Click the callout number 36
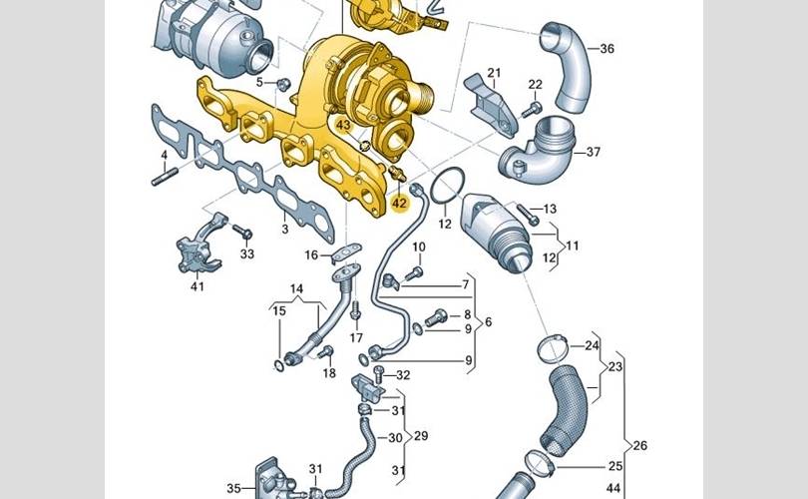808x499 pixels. (607, 49)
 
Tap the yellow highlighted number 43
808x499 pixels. (343, 125)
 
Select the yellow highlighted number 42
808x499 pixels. (399, 204)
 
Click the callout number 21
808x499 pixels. (494, 73)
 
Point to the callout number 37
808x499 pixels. (594, 152)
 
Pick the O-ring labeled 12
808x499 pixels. (447, 186)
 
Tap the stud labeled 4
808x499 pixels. (165, 177)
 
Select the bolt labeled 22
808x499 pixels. (532, 110)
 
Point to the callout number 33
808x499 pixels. (247, 253)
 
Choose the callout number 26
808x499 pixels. (639, 445)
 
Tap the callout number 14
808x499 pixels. (296, 288)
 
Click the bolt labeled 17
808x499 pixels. (354, 310)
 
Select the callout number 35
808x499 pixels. (233, 488)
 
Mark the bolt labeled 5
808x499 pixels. (282, 84)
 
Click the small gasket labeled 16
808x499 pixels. (346, 251)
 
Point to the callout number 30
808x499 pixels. (395, 438)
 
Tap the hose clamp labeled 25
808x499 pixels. (540, 462)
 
